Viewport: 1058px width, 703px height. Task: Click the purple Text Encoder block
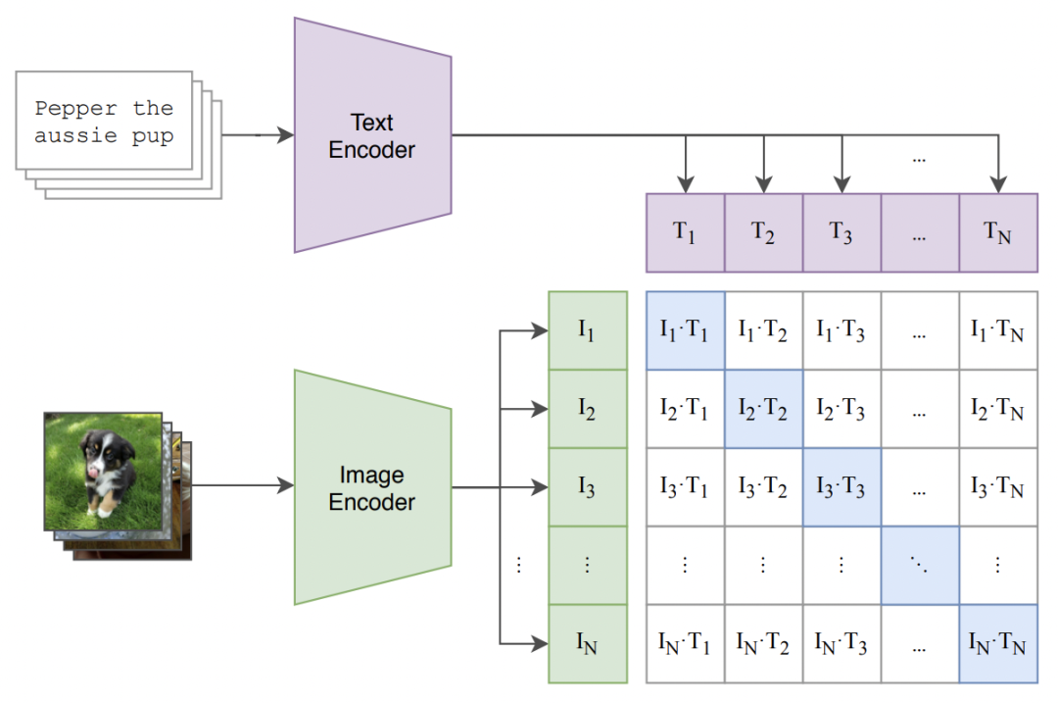pyautogui.click(x=372, y=135)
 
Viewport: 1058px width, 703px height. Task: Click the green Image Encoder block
pyautogui.click(x=372, y=487)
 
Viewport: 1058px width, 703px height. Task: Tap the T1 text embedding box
pyautogui.click(x=685, y=232)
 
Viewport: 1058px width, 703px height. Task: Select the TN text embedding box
pyautogui.click(x=997, y=232)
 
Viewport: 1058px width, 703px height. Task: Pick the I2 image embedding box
pyautogui.click(x=587, y=409)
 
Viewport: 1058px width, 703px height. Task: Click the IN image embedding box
pyautogui.click(x=587, y=644)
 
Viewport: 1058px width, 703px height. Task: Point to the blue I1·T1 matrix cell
pyautogui.click(x=685, y=330)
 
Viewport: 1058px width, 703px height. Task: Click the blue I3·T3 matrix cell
pyautogui.click(x=842, y=487)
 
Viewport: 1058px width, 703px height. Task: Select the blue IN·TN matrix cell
pyautogui.click(x=997, y=644)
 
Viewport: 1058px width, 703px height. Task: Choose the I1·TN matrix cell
pyautogui.click(x=997, y=330)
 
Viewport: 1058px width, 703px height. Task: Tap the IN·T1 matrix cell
pyautogui.click(x=685, y=644)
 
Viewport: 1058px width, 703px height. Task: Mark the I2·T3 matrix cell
pyautogui.click(x=842, y=409)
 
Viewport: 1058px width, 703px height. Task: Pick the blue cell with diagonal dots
pyautogui.click(x=920, y=566)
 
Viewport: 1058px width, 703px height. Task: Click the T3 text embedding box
pyautogui.click(x=842, y=232)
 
